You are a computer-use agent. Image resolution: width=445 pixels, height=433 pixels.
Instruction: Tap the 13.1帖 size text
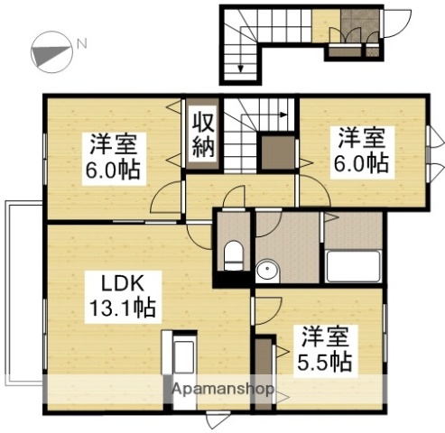[x=121, y=307]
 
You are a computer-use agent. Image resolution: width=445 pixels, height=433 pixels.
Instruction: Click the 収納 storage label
[x=202, y=134]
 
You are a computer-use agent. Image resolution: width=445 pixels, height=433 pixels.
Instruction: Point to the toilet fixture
[x=232, y=253]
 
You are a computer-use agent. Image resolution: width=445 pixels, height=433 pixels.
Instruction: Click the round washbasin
[x=266, y=271]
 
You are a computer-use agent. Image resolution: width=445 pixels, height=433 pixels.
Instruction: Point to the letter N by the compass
[x=81, y=41]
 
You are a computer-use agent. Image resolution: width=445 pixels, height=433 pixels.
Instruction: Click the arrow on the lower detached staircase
[x=241, y=63]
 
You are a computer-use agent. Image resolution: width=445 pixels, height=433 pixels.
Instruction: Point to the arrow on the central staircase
[x=282, y=115]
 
